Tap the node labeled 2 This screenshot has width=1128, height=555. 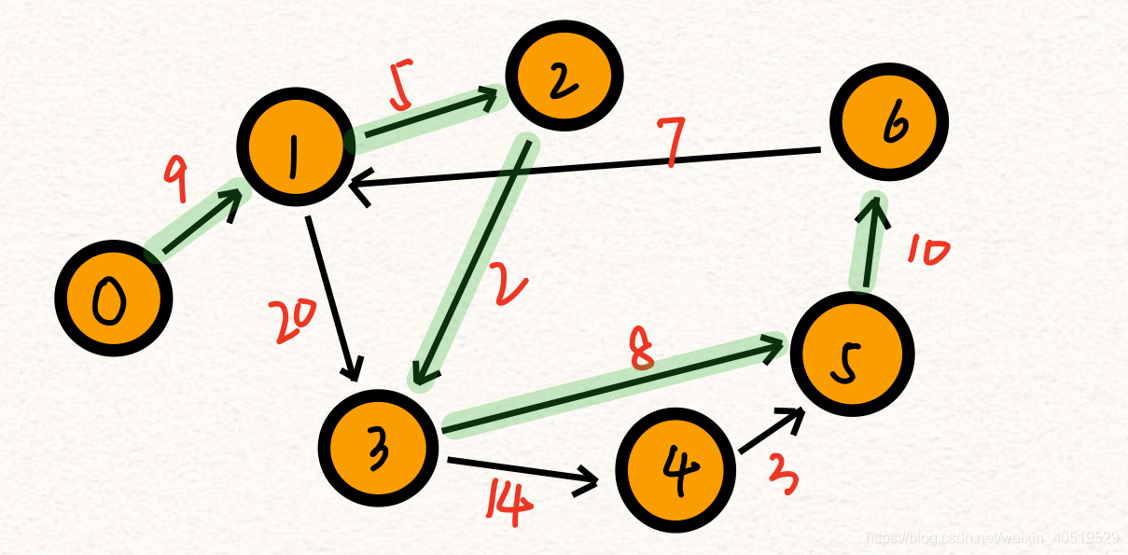click(x=564, y=77)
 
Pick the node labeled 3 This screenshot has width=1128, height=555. click(x=378, y=446)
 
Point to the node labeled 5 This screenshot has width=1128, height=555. click(x=852, y=354)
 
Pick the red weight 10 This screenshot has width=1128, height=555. click(x=926, y=252)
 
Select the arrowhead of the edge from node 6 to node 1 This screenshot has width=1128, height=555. click(x=356, y=185)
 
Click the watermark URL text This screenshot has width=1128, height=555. click(x=992, y=537)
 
